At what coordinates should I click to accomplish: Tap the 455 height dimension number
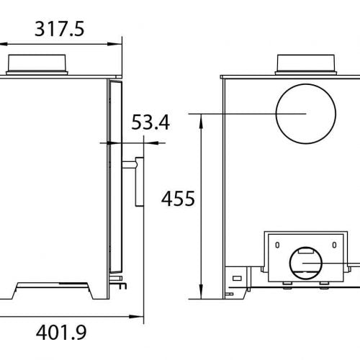pos(178,198)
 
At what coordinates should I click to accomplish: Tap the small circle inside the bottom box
pos(307,264)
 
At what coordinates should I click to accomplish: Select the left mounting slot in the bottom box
pos(274,246)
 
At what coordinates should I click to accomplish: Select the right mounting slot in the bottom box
pos(336,246)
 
